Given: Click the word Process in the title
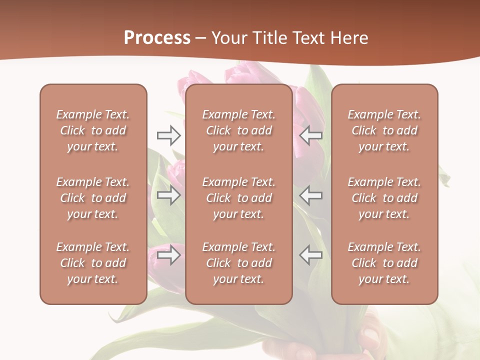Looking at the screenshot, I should click(157, 38).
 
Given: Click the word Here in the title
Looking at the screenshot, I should click(349, 38).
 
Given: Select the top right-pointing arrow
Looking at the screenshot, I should click(168, 135).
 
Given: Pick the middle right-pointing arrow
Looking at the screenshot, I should click(168, 195).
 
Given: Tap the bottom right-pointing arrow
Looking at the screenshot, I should click(168, 255).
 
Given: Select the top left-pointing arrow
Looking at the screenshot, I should click(311, 135).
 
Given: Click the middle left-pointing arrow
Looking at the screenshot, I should click(311, 195).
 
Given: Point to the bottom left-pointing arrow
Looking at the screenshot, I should click(311, 255).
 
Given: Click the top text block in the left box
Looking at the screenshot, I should click(93, 130).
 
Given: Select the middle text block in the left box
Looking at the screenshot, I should click(93, 198).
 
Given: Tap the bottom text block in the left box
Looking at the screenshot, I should click(93, 263).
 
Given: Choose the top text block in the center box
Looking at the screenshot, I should click(239, 130).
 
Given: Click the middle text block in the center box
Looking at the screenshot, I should click(239, 198).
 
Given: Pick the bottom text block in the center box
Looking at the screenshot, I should click(239, 263).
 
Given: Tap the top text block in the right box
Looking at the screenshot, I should click(384, 130).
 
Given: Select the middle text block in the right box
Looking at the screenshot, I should click(384, 198).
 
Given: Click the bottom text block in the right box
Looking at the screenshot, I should click(384, 263).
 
